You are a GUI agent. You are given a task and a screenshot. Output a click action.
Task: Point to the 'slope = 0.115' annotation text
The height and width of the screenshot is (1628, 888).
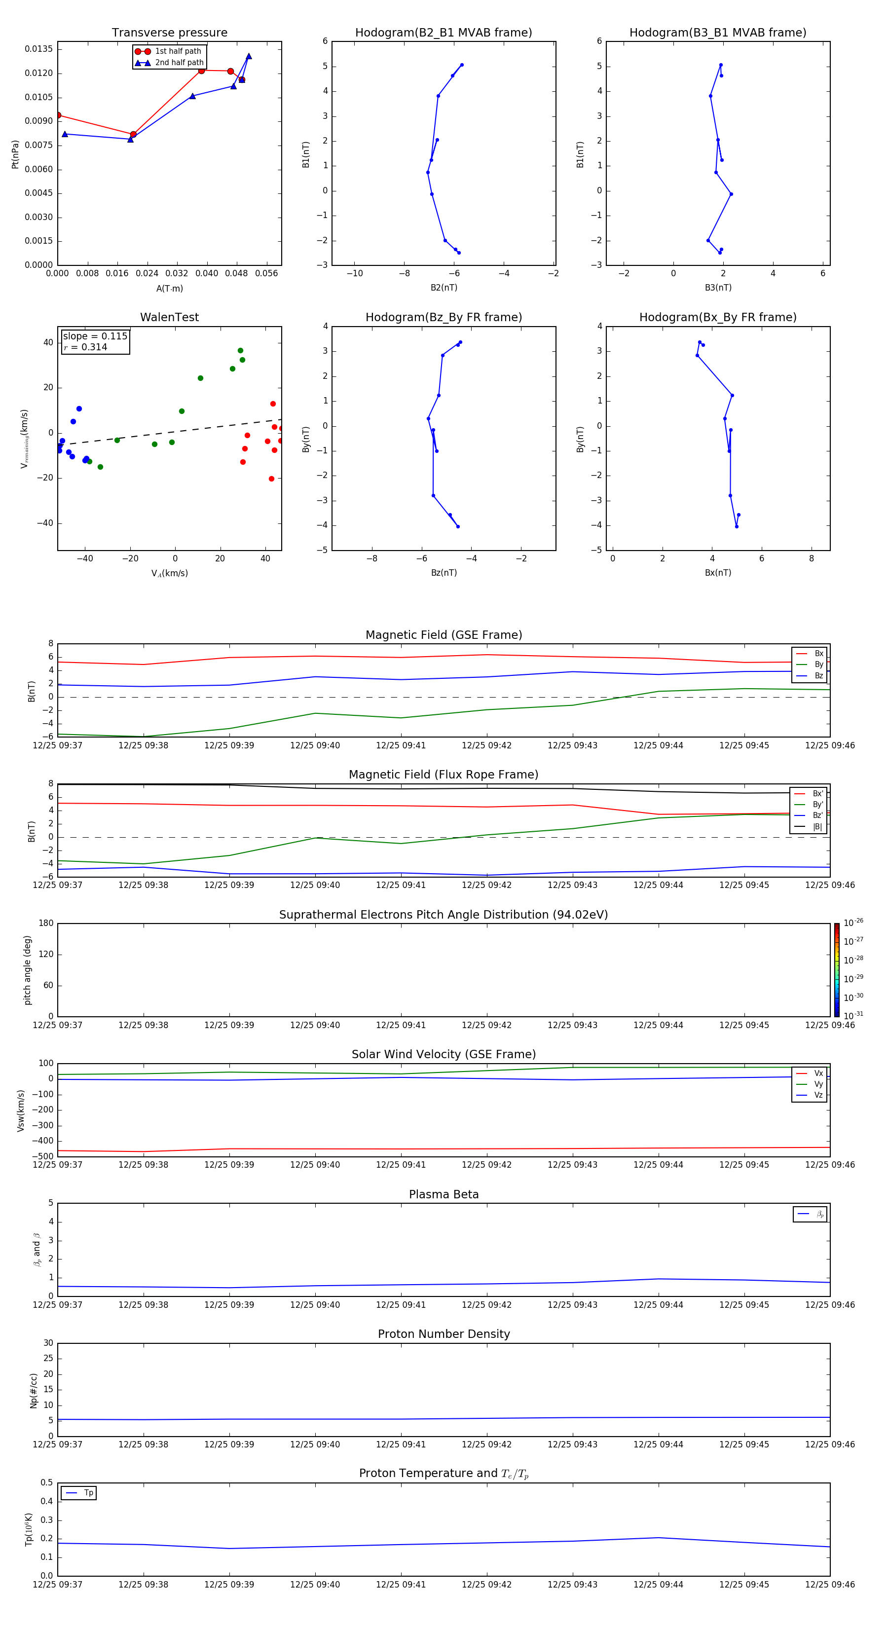pos(95,336)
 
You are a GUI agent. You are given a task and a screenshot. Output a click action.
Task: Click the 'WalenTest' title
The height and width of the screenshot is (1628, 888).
pos(169,317)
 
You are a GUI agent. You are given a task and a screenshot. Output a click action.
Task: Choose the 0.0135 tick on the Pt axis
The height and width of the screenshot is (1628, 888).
pos(38,49)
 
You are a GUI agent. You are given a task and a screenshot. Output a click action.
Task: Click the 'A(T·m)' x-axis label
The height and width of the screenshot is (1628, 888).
pos(169,289)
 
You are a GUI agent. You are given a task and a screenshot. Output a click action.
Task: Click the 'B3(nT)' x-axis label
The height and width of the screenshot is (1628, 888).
pos(718,288)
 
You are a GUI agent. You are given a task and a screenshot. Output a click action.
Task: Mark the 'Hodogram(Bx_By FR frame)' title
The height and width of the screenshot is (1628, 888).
pos(717,317)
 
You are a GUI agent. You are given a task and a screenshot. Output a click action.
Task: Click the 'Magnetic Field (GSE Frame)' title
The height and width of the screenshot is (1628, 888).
pos(444,635)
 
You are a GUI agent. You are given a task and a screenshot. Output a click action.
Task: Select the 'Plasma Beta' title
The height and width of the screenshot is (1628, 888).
pos(444,1194)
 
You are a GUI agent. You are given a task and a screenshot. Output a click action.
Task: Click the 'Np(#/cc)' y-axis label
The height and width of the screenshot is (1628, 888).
pos(34,1390)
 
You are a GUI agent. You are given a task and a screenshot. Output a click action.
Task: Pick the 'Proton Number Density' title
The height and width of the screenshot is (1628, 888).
pos(444,1334)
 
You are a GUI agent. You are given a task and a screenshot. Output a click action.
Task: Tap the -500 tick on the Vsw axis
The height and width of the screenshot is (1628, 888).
pos(42,1156)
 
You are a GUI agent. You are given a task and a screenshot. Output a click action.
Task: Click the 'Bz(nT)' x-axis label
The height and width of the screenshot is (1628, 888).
pos(444,573)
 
